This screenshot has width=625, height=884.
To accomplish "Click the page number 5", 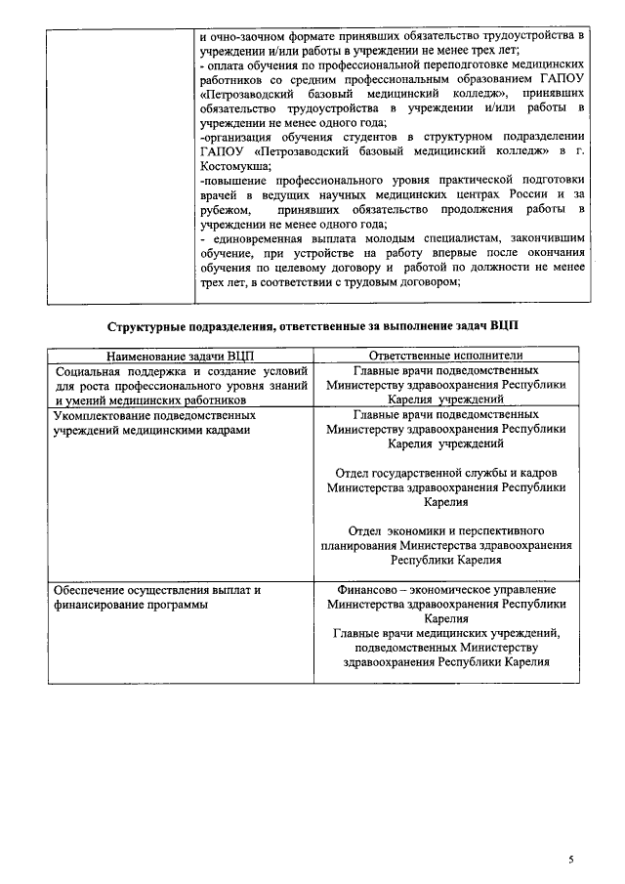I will (x=572, y=860).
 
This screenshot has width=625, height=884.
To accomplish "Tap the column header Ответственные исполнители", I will (x=445, y=356).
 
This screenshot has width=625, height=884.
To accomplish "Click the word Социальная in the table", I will (x=90, y=371).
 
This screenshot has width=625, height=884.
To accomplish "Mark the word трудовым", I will (x=381, y=282).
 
